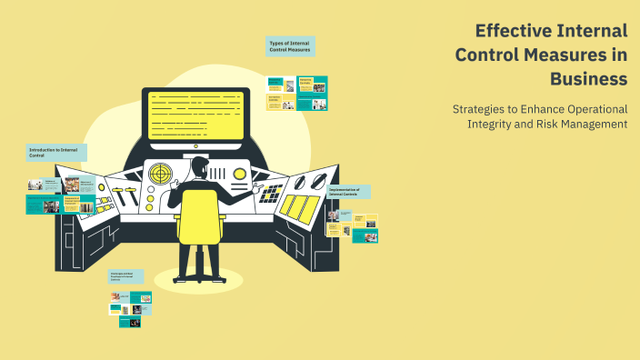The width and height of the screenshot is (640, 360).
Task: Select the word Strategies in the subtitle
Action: pos(483,108)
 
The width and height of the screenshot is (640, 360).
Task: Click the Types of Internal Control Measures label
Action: pos(290,46)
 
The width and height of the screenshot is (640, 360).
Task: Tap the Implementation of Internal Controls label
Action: pos(348,192)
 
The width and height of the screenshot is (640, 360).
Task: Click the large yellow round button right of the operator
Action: pos(239,173)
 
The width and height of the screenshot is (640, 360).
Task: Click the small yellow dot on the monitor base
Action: pos(195,145)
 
